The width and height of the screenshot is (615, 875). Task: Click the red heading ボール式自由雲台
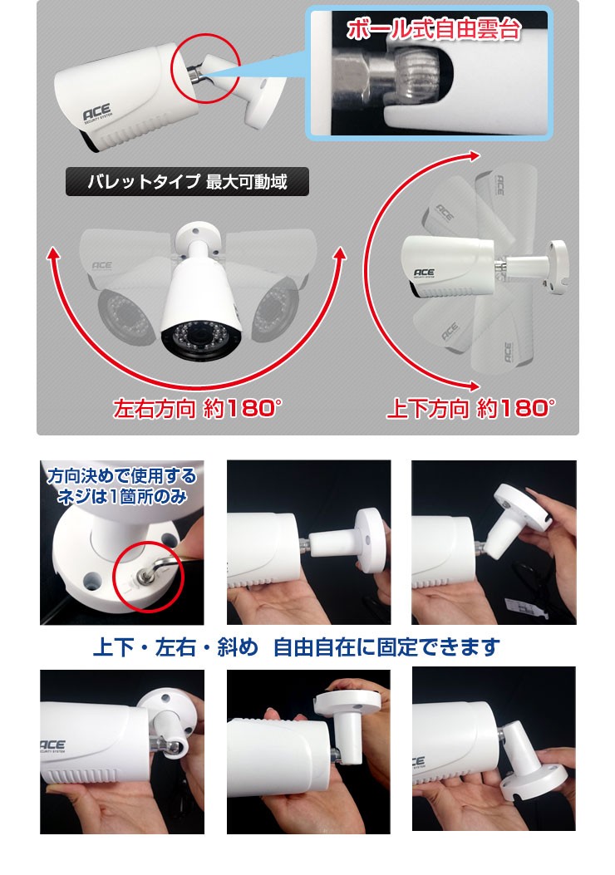(434, 30)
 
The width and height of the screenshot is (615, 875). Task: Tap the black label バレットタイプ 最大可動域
(187, 182)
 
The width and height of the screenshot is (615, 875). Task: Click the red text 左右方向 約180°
(197, 409)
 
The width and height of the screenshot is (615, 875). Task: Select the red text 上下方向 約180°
(470, 409)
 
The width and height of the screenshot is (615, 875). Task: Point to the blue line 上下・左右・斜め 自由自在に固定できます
(296, 647)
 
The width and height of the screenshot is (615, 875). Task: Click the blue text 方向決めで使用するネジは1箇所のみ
(121, 486)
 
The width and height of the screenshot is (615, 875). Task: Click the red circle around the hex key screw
(148, 577)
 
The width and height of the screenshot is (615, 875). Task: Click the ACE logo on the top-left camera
(97, 113)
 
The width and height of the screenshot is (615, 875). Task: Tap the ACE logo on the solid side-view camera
(424, 273)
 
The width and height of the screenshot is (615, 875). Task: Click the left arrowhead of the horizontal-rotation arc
(53, 254)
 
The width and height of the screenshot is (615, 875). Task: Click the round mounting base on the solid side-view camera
(557, 267)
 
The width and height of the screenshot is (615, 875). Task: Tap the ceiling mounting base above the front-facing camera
(196, 233)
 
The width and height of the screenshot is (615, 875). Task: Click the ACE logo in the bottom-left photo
(52, 745)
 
